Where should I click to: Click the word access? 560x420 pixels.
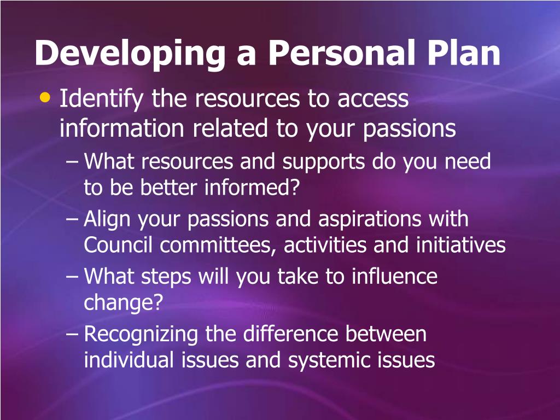tap(373, 99)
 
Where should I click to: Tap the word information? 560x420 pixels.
tap(122, 129)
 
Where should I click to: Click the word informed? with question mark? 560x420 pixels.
tap(253, 188)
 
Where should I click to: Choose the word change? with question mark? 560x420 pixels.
tap(124, 303)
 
